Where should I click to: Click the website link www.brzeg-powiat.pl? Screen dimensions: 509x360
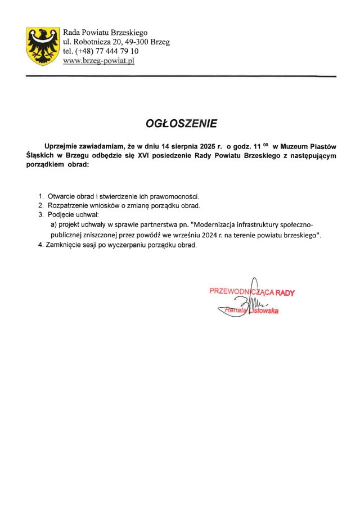(x=99, y=61)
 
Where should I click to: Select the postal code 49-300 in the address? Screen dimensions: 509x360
(x=138, y=42)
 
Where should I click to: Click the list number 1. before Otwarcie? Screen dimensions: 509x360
(x=41, y=196)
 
